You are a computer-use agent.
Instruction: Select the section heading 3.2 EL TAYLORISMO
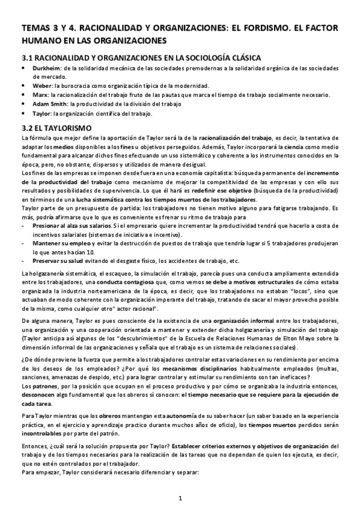coord(55,128)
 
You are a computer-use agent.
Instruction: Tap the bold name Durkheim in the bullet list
coord(44,69)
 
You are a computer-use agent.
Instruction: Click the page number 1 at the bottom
coord(180,498)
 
